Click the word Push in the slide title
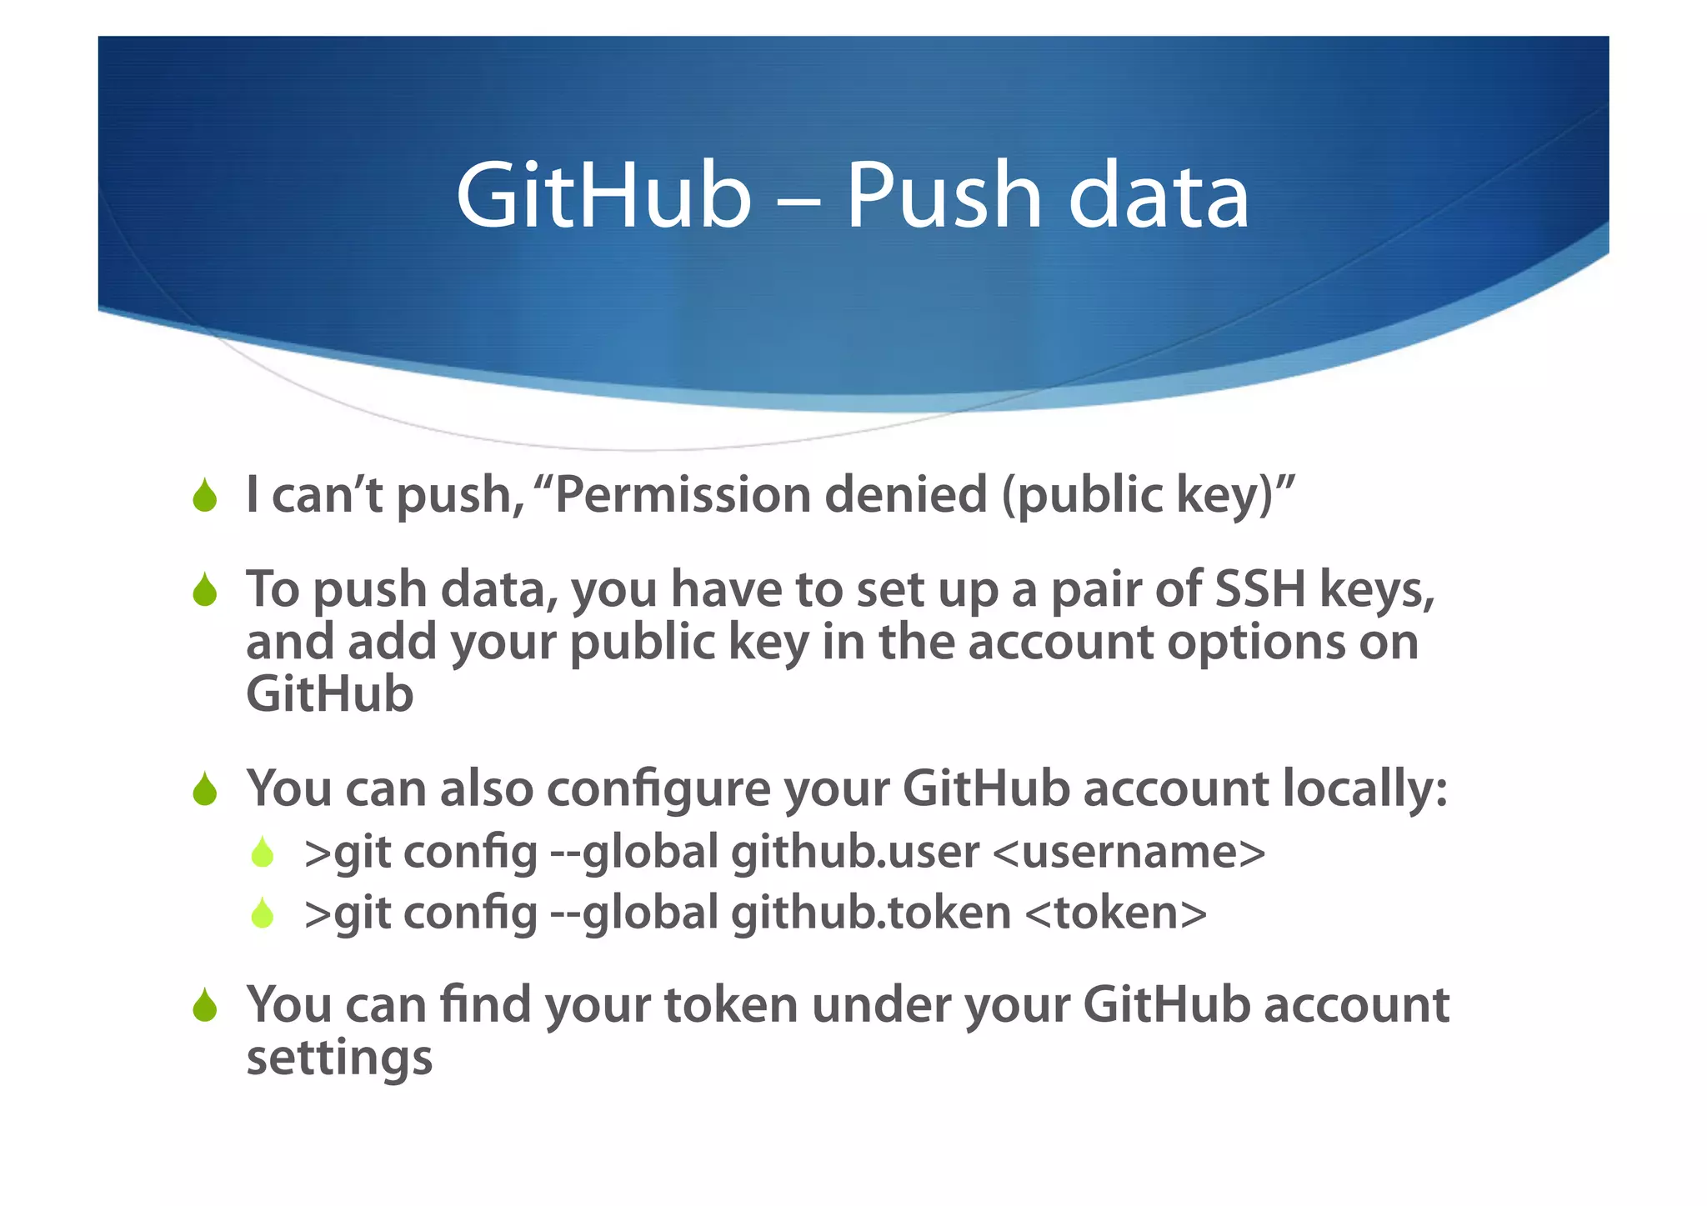(x=944, y=197)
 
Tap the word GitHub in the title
(x=603, y=197)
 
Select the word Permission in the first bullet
(x=683, y=494)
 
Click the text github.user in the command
(x=854, y=852)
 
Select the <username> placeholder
(x=1130, y=852)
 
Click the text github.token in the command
(x=871, y=913)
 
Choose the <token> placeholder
(x=1115, y=913)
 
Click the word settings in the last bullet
(x=339, y=1058)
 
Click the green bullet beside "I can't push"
(x=204, y=496)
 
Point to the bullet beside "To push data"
(x=204, y=590)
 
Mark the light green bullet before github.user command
(x=263, y=853)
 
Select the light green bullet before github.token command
(x=263, y=913)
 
